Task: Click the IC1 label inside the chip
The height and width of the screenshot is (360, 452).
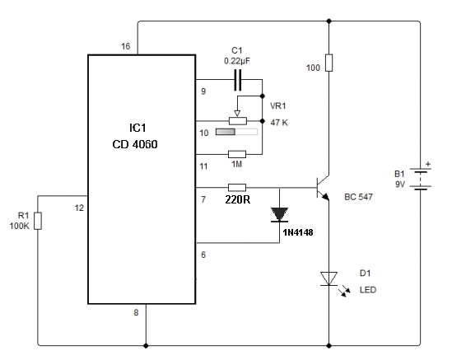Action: pos(137,128)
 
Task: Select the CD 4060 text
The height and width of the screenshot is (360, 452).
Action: pos(135,144)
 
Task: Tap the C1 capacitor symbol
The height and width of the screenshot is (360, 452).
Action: pos(238,80)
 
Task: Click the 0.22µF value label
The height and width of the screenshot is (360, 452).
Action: pos(237,61)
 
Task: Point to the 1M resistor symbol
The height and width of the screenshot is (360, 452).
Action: pos(237,154)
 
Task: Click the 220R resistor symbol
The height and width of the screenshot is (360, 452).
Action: pos(237,188)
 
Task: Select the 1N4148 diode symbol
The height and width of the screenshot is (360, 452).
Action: pos(279,215)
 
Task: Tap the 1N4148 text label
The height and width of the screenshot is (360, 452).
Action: pos(298,232)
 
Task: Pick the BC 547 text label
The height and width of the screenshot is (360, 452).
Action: pos(359,197)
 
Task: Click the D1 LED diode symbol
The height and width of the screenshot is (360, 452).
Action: pos(329,279)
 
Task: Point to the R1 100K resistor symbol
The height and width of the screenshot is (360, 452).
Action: pos(38,221)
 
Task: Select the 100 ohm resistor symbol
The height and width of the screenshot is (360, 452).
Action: pos(329,63)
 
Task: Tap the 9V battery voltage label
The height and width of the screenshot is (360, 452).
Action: pos(400,184)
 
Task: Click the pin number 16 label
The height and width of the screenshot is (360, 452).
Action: pos(126,46)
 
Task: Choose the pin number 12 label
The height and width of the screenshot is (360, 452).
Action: pos(79,208)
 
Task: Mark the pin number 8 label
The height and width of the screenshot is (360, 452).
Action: pos(136,312)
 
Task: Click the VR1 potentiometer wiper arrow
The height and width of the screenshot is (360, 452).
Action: pos(237,114)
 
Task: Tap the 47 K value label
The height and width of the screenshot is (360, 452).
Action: pos(279,123)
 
